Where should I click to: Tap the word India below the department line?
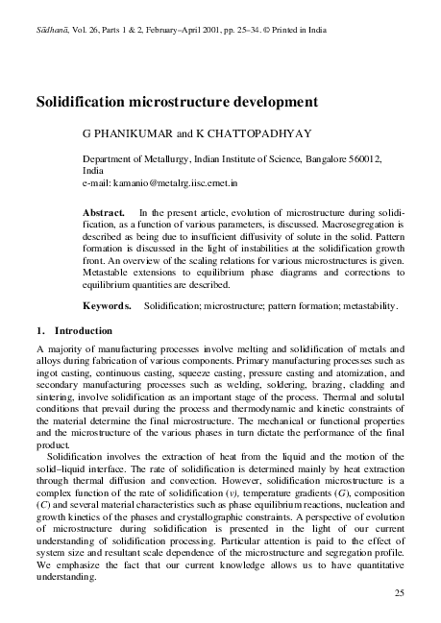click(x=93, y=168)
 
